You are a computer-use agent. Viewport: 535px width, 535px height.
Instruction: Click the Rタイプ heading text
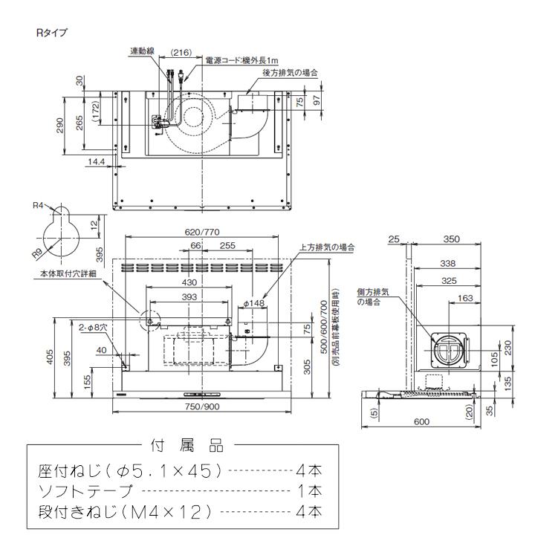coord(51,33)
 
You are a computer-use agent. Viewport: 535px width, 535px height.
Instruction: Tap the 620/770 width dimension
coord(200,232)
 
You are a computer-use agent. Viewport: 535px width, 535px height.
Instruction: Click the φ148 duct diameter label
coord(254,303)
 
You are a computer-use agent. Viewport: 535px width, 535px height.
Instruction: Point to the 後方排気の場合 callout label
coord(289,73)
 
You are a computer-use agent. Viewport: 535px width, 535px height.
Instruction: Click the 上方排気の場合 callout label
coord(326,247)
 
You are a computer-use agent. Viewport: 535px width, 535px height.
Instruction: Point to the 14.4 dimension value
coord(95,160)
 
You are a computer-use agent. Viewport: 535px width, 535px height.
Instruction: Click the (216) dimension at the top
coord(181,53)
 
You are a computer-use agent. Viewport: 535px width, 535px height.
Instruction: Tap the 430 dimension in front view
coord(190,283)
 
